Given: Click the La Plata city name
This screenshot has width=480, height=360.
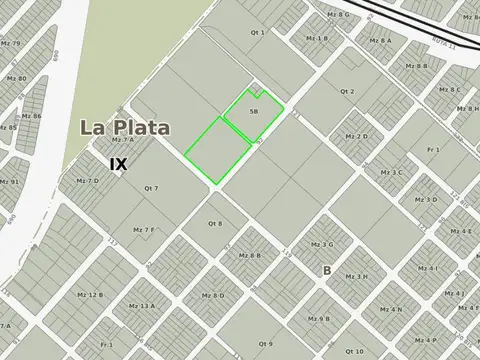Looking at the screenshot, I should point(124,128).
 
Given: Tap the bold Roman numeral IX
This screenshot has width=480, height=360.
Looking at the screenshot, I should point(118,162).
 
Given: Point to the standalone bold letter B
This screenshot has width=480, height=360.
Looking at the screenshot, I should point(326,270).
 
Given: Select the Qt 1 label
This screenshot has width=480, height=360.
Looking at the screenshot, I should point(257,33).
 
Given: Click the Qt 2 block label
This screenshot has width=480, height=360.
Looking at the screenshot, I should point(347,91).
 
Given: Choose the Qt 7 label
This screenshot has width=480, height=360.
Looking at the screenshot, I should point(151,188).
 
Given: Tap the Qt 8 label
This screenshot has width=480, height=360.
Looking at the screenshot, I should point(214,223).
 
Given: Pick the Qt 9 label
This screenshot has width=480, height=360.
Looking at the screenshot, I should point(264,344).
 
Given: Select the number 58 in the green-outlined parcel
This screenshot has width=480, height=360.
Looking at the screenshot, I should point(254,111).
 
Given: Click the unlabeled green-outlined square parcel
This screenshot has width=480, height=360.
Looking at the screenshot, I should point(217,149).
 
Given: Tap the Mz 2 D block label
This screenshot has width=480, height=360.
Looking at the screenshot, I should point(356,136).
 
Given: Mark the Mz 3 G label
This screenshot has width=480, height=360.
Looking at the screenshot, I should point(322,244).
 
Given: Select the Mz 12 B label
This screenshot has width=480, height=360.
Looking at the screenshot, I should point(89,295).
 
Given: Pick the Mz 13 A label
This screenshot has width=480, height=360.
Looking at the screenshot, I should point(141,305).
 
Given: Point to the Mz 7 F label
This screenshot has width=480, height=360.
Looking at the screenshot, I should point(142,230).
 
